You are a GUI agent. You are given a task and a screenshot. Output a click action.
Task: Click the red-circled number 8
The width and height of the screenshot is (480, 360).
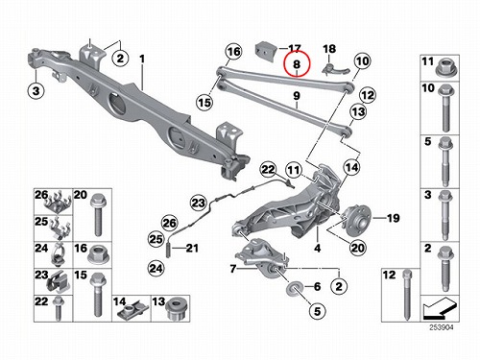tap(297, 64)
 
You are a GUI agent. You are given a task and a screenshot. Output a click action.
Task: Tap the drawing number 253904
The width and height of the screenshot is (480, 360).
tap(442, 327)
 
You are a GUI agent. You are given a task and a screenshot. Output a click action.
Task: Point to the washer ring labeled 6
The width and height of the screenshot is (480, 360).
tap(293, 287)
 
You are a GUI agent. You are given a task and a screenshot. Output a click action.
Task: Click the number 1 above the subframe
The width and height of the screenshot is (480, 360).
tap(142, 59)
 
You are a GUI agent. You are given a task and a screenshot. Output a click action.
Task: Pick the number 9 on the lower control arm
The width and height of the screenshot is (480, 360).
tap(297, 95)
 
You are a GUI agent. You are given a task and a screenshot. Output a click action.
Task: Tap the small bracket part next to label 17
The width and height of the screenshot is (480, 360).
tap(264, 51)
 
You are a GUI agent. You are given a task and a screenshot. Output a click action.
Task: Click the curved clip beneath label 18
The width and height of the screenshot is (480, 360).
tap(337, 70)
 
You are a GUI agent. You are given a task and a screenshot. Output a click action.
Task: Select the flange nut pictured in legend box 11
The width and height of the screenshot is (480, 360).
tap(444, 68)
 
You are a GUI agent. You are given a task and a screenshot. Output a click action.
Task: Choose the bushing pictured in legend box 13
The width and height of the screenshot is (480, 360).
tap(175, 310)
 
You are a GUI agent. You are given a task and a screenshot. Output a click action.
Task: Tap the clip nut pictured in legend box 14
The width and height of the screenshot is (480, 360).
tap(132, 311)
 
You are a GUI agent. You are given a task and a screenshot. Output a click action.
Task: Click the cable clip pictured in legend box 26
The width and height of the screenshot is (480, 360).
tap(59, 204)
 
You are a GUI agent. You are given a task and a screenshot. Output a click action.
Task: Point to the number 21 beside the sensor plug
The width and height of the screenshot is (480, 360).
tap(192, 248)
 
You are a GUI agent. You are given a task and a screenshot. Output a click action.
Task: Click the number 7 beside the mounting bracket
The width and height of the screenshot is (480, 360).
tap(233, 269)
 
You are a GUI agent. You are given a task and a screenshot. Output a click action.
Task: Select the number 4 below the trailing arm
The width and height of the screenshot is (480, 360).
tap(317, 248)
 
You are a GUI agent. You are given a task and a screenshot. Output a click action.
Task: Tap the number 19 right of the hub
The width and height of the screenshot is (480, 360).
tap(394, 218)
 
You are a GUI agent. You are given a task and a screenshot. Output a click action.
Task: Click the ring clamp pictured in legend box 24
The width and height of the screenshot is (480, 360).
tap(59, 255)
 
